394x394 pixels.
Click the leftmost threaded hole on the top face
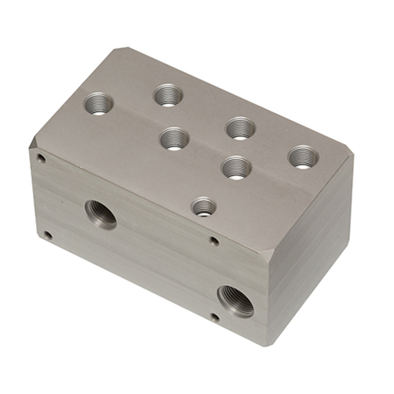pyautogui.click(x=98, y=104)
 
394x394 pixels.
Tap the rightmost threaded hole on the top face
pyautogui.click(x=303, y=157)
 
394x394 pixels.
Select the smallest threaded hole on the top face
pyautogui.click(x=204, y=207)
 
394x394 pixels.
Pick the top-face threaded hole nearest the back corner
pyautogui.click(x=168, y=95)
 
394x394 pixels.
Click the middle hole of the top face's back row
pyautogui.click(x=240, y=128)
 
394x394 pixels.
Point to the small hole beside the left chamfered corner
pyautogui.click(x=41, y=159)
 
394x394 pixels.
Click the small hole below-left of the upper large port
pyautogui.click(x=48, y=236)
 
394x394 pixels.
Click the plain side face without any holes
pyautogui.click(x=311, y=252)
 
